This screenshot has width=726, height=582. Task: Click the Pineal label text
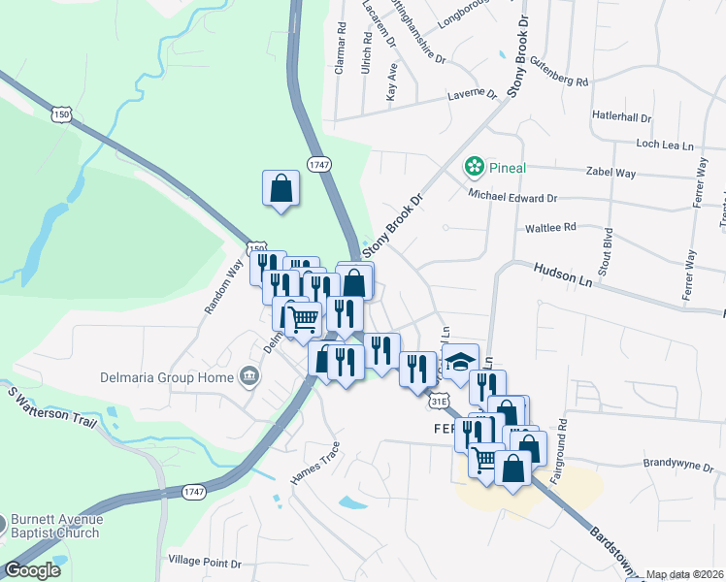507,168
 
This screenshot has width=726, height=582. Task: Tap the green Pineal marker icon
475,168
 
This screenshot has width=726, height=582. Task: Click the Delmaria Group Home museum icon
249,376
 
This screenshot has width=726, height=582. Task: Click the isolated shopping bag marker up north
280,187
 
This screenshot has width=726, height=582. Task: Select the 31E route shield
440,400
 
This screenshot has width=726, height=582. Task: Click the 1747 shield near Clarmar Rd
319,164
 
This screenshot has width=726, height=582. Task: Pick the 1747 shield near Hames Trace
193,492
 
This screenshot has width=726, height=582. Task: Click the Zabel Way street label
611,173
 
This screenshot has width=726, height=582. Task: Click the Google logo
32,570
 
